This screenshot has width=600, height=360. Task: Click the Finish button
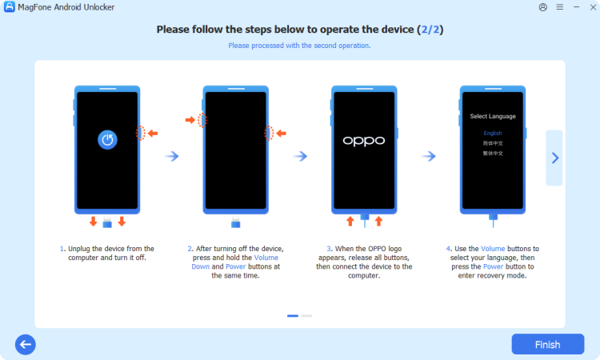(547, 345)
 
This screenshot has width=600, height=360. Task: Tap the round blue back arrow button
(26, 345)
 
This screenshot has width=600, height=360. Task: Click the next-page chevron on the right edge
(554, 158)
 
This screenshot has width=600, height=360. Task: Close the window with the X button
(587, 7)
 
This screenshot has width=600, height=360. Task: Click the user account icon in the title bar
(544, 7)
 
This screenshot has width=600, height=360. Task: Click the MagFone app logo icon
(8, 7)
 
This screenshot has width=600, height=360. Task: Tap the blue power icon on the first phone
(107, 140)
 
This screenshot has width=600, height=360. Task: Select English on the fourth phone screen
(492, 133)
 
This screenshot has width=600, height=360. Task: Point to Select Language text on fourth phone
(492, 116)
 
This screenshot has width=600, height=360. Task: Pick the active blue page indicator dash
(293, 316)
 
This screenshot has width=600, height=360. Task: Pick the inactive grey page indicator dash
(307, 316)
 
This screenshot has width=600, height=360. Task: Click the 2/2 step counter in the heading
(430, 30)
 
